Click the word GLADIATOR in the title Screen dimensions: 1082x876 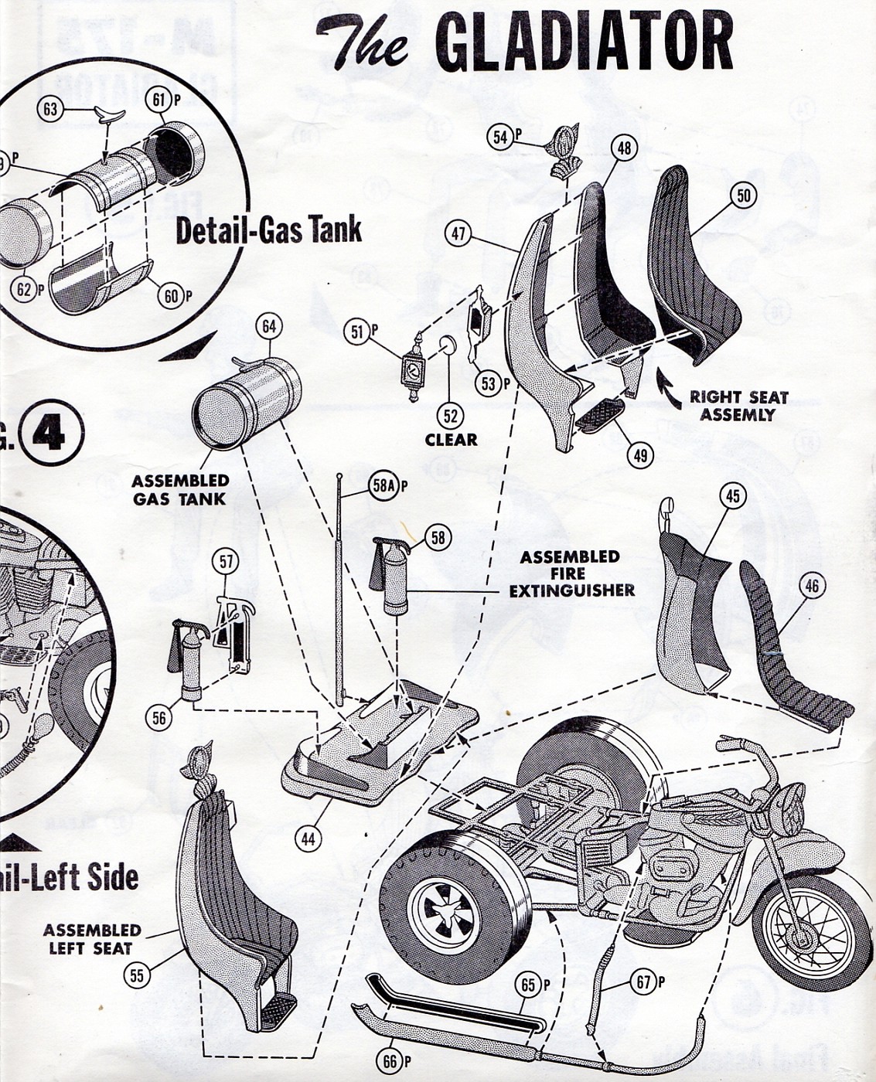584,43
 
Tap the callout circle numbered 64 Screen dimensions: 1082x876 268,327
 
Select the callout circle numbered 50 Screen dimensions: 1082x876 743,196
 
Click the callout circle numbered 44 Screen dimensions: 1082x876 308,838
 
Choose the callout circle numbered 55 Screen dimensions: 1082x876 137,975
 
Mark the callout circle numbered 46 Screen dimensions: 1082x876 811,587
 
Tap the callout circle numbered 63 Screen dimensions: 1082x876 51,109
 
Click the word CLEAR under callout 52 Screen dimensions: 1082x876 451,440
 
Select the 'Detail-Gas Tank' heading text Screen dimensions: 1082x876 268,230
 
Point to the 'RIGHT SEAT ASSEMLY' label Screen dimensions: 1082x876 738,406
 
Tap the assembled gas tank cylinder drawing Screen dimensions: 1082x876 246,403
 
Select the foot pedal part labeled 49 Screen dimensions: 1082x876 601,416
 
